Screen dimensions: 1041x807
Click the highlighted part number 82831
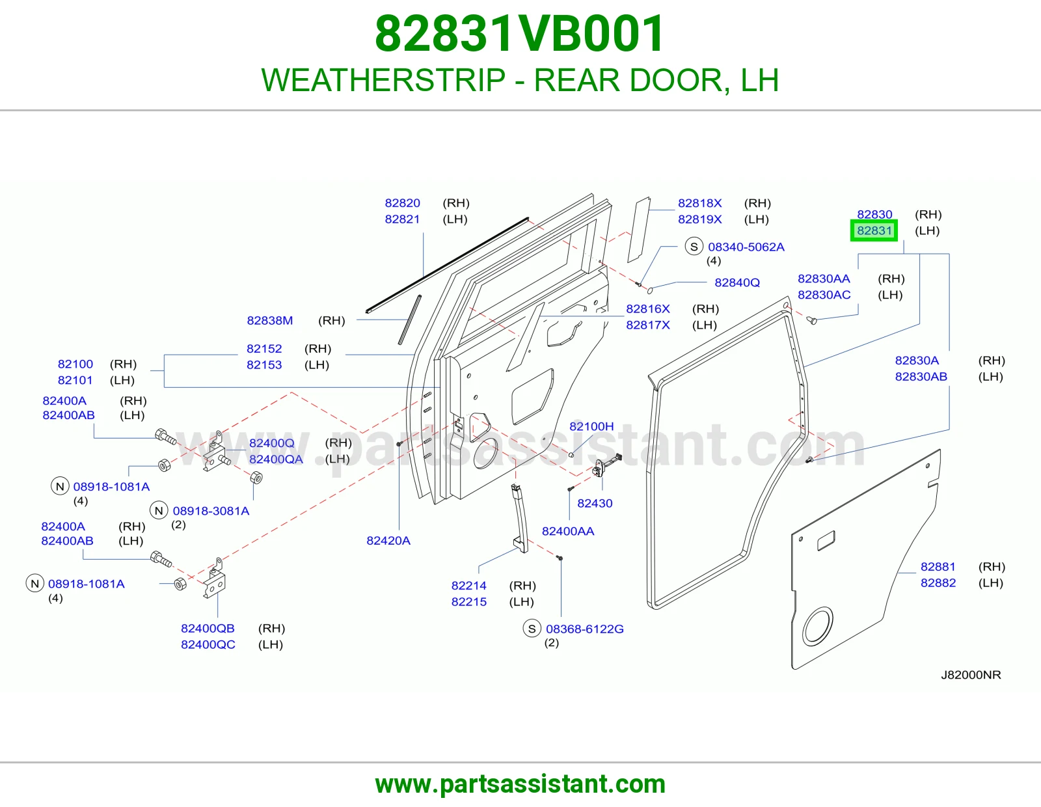click(x=874, y=230)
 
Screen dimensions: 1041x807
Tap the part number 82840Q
click(x=737, y=282)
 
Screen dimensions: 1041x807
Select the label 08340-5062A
click(x=746, y=247)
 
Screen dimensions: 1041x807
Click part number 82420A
click(x=388, y=541)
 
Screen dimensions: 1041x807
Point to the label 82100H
click(x=591, y=426)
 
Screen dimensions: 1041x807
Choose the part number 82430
click(x=595, y=503)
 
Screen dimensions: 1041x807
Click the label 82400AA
click(x=568, y=531)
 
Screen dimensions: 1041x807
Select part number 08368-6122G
click(x=584, y=629)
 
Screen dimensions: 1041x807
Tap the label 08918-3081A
click(x=211, y=511)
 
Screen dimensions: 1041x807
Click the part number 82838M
click(x=270, y=321)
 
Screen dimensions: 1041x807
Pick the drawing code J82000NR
click(x=971, y=675)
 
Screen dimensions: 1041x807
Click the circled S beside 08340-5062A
click(x=694, y=246)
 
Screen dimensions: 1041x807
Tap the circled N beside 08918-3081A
click(x=159, y=511)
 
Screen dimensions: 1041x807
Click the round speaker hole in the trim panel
click(x=818, y=626)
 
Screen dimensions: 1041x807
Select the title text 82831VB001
click(x=520, y=34)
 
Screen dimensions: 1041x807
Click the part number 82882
click(x=938, y=582)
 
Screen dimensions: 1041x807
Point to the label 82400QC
click(x=208, y=644)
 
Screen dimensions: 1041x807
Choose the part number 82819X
click(x=699, y=219)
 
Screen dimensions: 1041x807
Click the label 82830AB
click(x=921, y=377)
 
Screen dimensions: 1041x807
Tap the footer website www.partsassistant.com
click(x=520, y=784)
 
